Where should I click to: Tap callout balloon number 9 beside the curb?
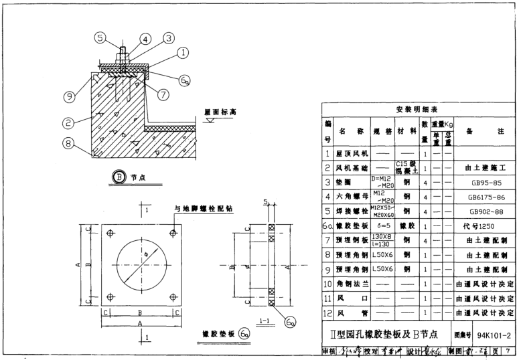coord(68,96)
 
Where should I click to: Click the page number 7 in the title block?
coord(510,351)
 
